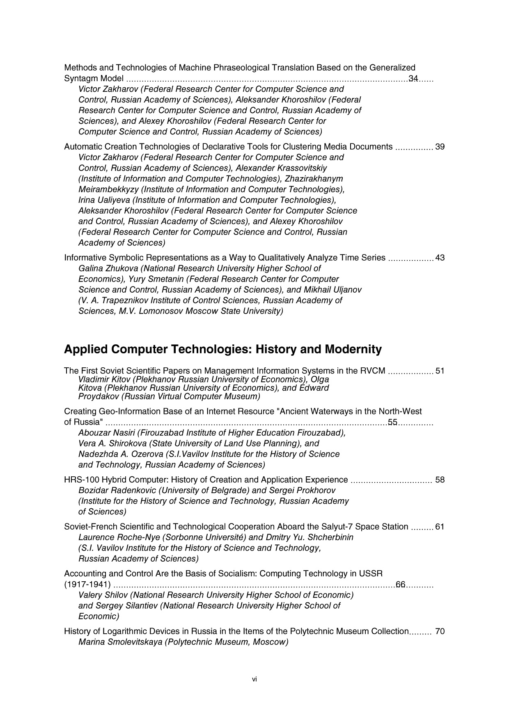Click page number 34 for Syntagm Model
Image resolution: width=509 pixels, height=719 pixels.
pyautogui.click(x=413, y=78)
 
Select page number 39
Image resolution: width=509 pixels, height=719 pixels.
pyautogui.click(x=440, y=147)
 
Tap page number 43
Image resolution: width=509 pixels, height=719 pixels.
pyautogui.click(x=440, y=258)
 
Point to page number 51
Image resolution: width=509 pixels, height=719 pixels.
pyautogui.click(x=440, y=371)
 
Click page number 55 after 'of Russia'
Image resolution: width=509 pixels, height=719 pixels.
pyautogui.click(x=393, y=422)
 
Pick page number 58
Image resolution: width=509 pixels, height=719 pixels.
pyautogui.click(x=440, y=480)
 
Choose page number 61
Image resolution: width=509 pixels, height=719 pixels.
pyautogui.click(x=440, y=527)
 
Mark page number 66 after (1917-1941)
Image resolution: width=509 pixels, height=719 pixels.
pyautogui.click(x=400, y=584)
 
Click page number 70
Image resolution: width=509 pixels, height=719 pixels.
pyautogui.click(x=440, y=631)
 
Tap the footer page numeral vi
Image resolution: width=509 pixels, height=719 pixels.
pyautogui.click(x=254, y=679)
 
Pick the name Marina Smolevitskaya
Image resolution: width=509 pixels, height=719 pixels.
pyautogui.click(x=120, y=642)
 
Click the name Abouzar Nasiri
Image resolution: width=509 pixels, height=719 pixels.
pyautogui.click(x=107, y=433)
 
